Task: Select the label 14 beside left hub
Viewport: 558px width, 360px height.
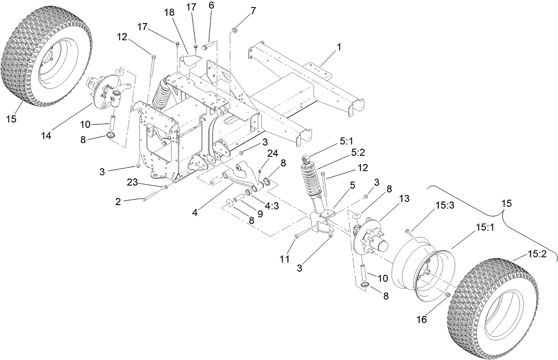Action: (46, 136)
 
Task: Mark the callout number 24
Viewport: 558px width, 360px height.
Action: (272, 153)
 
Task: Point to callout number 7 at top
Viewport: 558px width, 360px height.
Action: (253, 11)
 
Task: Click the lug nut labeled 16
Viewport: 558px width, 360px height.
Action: (447, 295)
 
